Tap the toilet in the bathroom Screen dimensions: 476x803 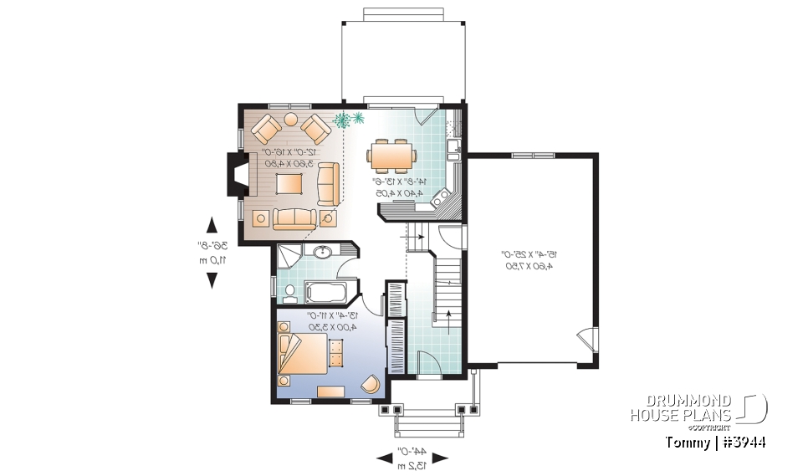pos(289,293)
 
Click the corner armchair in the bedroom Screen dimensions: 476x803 pos(369,383)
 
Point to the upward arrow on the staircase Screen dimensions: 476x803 pos(448,316)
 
